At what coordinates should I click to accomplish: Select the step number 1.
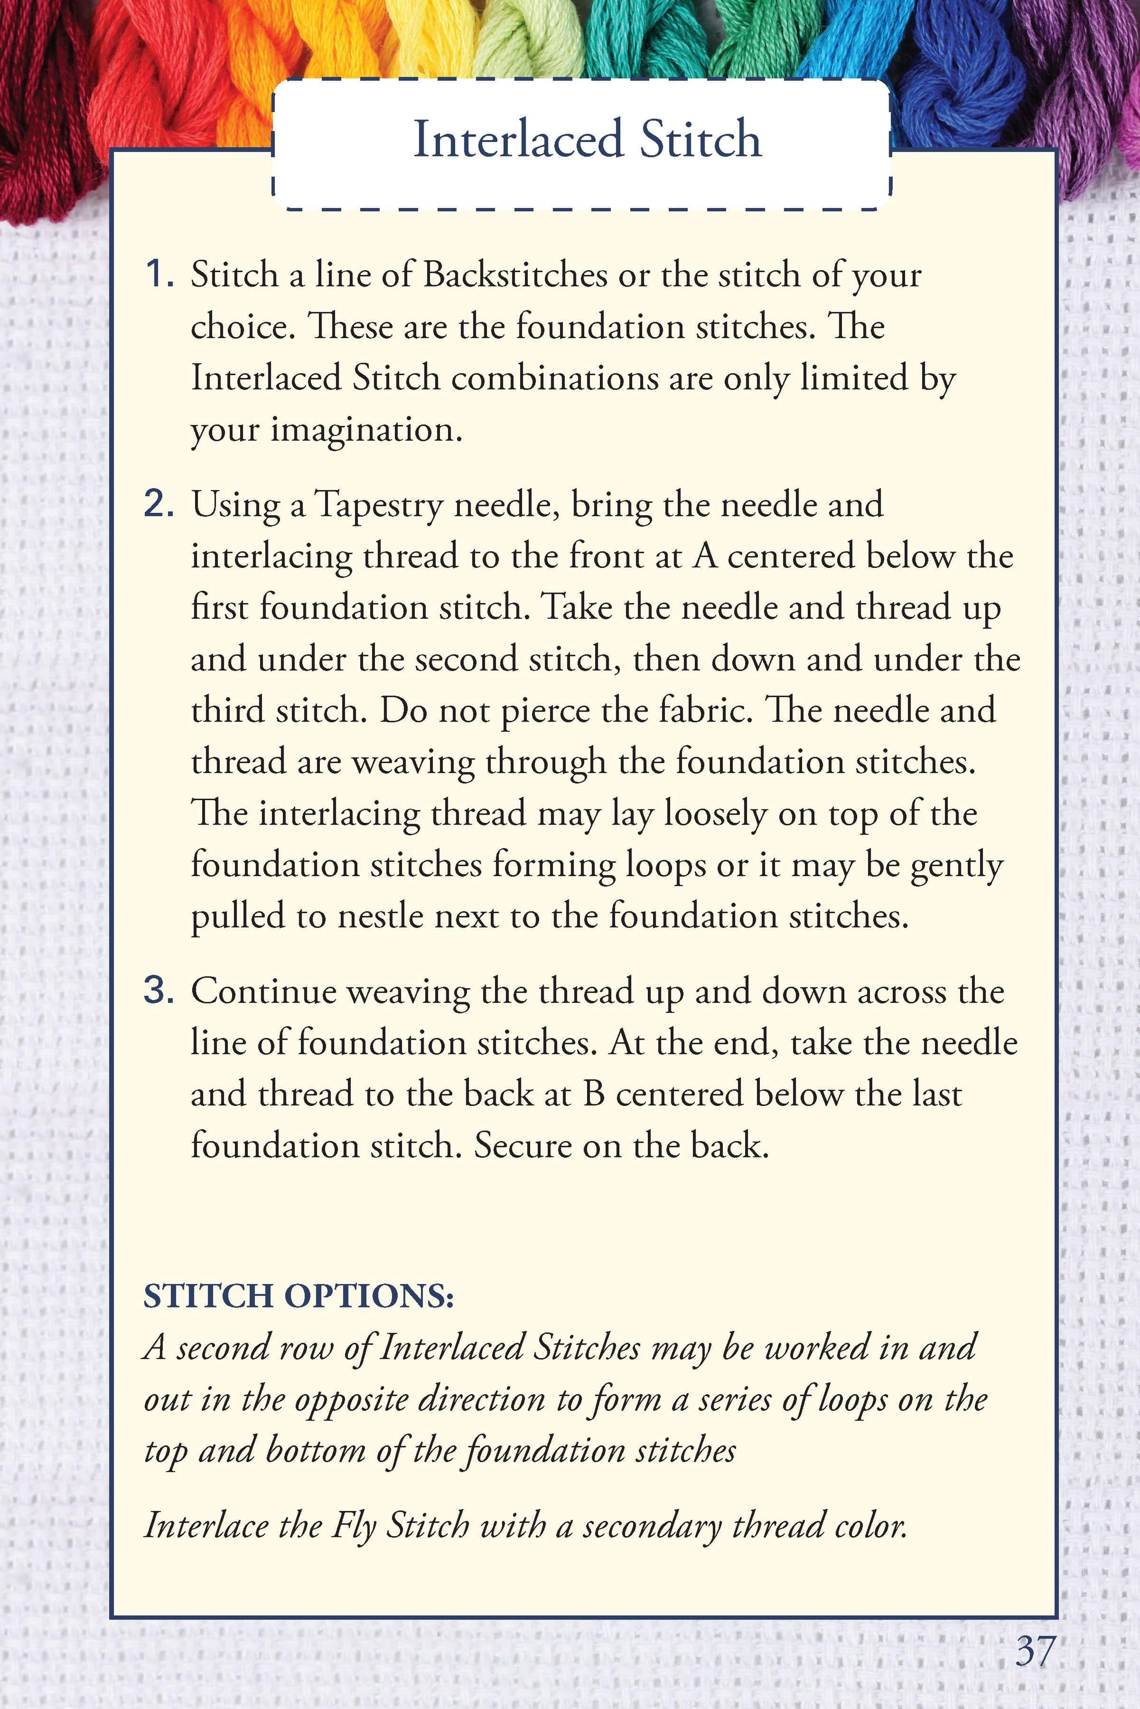click(159, 275)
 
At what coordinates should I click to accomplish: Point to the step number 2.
click(159, 504)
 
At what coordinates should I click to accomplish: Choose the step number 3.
click(159, 991)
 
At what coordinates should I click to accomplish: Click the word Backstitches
click(515, 275)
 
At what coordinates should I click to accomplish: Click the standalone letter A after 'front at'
click(706, 556)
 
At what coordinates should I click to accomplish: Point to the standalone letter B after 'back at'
click(594, 1094)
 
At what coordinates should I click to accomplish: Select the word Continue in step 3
click(262, 991)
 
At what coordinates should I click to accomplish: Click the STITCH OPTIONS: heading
click(299, 1295)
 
